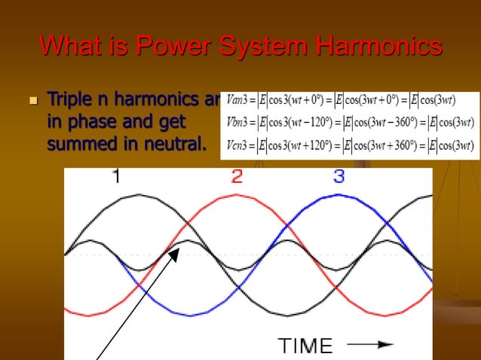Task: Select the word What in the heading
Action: coord(69,47)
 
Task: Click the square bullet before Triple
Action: coord(32,100)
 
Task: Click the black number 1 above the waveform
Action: coord(116,177)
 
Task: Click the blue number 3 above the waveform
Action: coord(339,177)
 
